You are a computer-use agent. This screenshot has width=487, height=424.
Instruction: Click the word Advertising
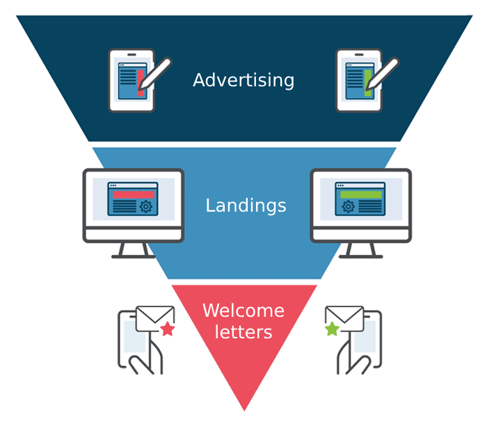[x=243, y=80]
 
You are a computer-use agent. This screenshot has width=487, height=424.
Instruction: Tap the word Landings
[x=246, y=206]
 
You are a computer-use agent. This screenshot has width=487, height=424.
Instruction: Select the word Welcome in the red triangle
[x=243, y=311]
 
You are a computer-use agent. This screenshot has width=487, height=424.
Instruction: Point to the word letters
[x=243, y=332]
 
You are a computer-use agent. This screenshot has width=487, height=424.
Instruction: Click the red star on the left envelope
[x=168, y=329]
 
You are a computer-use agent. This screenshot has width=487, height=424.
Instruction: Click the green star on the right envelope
[x=332, y=329]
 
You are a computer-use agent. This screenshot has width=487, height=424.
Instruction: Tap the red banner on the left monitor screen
[x=134, y=194]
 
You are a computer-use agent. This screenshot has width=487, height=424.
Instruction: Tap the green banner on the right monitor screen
[x=361, y=194]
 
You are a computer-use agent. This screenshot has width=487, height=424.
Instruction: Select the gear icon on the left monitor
[x=146, y=206]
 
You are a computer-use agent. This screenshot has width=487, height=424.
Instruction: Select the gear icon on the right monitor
[x=348, y=206]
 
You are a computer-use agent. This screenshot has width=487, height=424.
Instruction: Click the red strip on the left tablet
[x=141, y=83]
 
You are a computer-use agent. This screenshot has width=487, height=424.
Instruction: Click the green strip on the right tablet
[x=368, y=83]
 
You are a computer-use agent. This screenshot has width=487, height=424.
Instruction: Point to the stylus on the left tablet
[x=154, y=74]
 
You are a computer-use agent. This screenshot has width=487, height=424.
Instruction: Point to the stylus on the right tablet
[x=382, y=74]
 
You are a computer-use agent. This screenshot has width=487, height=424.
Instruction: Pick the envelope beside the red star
[x=155, y=319]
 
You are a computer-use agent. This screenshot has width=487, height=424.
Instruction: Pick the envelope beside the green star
[x=344, y=319]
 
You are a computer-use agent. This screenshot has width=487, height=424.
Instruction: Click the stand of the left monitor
[x=134, y=251]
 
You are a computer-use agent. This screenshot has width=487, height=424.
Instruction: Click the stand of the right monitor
[x=361, y=251]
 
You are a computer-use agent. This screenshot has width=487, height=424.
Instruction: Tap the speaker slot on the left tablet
[x=131, y=55]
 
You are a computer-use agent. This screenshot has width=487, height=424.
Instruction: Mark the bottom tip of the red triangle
[x=244, y=411]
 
